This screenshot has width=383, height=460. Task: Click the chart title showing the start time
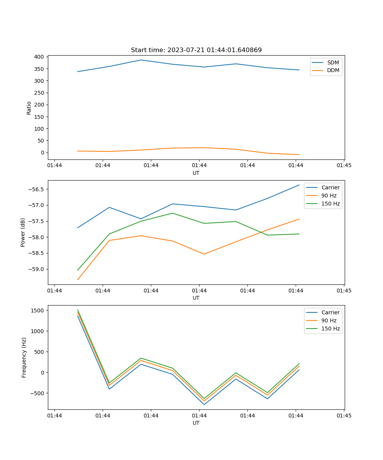[x=196, y=50]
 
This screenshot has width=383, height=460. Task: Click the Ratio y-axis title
[x=29, y=108]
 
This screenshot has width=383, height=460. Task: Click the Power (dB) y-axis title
[x=23, y=232]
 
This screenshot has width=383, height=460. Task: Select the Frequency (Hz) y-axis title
[x=24, y=357]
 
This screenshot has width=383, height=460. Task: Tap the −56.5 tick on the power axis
[x=36, y=189]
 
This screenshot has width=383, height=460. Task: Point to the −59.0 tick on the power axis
[x=36, y=269]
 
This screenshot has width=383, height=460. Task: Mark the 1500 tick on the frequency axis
[x=39, y=310]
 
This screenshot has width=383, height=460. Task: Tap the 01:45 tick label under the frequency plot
[x=344, y=416]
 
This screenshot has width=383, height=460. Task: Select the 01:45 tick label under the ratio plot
[x=344, y=166]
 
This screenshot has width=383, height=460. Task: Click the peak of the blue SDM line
[x=141, y=60]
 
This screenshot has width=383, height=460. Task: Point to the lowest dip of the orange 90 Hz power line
[x=204, y=254]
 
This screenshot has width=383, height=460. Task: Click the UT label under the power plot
[x=196, y=298]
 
